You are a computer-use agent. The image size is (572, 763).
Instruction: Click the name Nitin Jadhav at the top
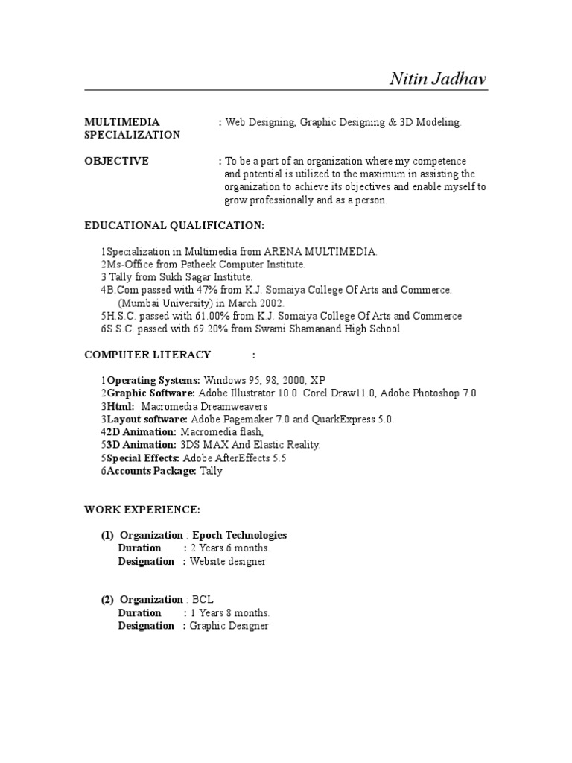pyautogui.click(x=439, y=78)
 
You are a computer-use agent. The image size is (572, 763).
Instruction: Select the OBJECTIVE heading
pyautogui.click(x=116, y=161)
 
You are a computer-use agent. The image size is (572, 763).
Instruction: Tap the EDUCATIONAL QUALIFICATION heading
pyautogui.click(x=174, y=226)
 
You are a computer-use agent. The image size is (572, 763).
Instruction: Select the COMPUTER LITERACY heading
pyautogui.click(x=147, y=355)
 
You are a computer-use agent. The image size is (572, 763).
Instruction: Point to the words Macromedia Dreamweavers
pyautogui.click(x=204, y=406)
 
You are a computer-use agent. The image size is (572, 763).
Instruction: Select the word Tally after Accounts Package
pyautogui.click(x=212, y=471)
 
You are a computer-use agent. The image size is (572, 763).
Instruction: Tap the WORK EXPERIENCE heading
pyautogui.click(x=142, y=510)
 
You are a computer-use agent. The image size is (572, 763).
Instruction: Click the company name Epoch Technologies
pyautogui.click(x=239, y=535)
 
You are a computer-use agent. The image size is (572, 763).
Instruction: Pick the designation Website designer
pyautogui.click(x=228, y=561)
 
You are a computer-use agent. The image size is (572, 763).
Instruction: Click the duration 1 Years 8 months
pyautogui.click(x=230, y=613)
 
